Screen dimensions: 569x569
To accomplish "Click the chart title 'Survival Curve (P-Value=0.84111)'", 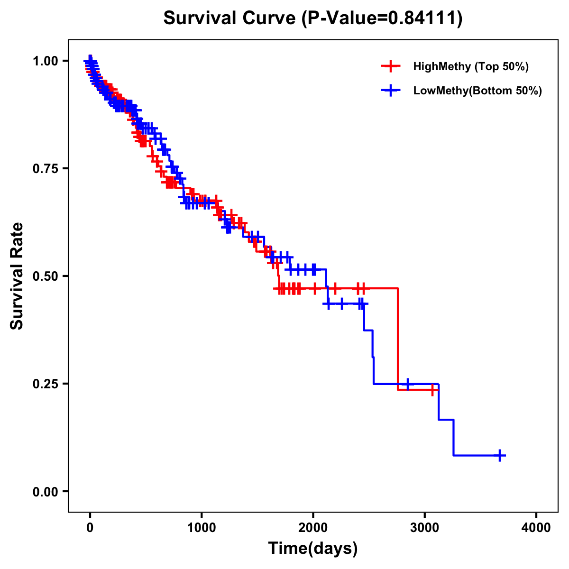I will [x=313, y=18].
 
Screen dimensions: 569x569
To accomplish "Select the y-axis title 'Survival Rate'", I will [x=17, y=275].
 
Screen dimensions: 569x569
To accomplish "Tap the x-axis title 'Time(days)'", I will [x=313, y=548].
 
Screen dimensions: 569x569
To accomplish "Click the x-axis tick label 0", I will [x=90, y=527].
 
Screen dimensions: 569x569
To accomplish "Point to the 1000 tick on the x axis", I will [x=202, y=527].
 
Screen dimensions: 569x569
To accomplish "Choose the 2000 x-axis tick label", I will [x=313, y=527].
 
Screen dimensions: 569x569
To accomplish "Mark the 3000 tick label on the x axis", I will [x=425, y=527].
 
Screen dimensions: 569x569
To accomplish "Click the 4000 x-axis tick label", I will [x=536, y=527].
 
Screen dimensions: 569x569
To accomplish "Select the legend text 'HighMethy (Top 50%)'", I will [x=471, y=66].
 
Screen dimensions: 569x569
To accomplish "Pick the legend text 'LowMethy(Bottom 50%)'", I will [x=477, y=91].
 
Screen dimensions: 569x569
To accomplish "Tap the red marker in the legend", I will [x=391, y=66].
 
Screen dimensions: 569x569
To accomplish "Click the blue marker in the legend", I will [x=391, y=91].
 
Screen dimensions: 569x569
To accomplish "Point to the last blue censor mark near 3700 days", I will [x=499, y=455].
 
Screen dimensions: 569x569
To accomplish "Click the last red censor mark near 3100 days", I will [x=432, y=390].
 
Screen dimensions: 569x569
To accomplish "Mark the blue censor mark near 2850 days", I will [x=407, y=384].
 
